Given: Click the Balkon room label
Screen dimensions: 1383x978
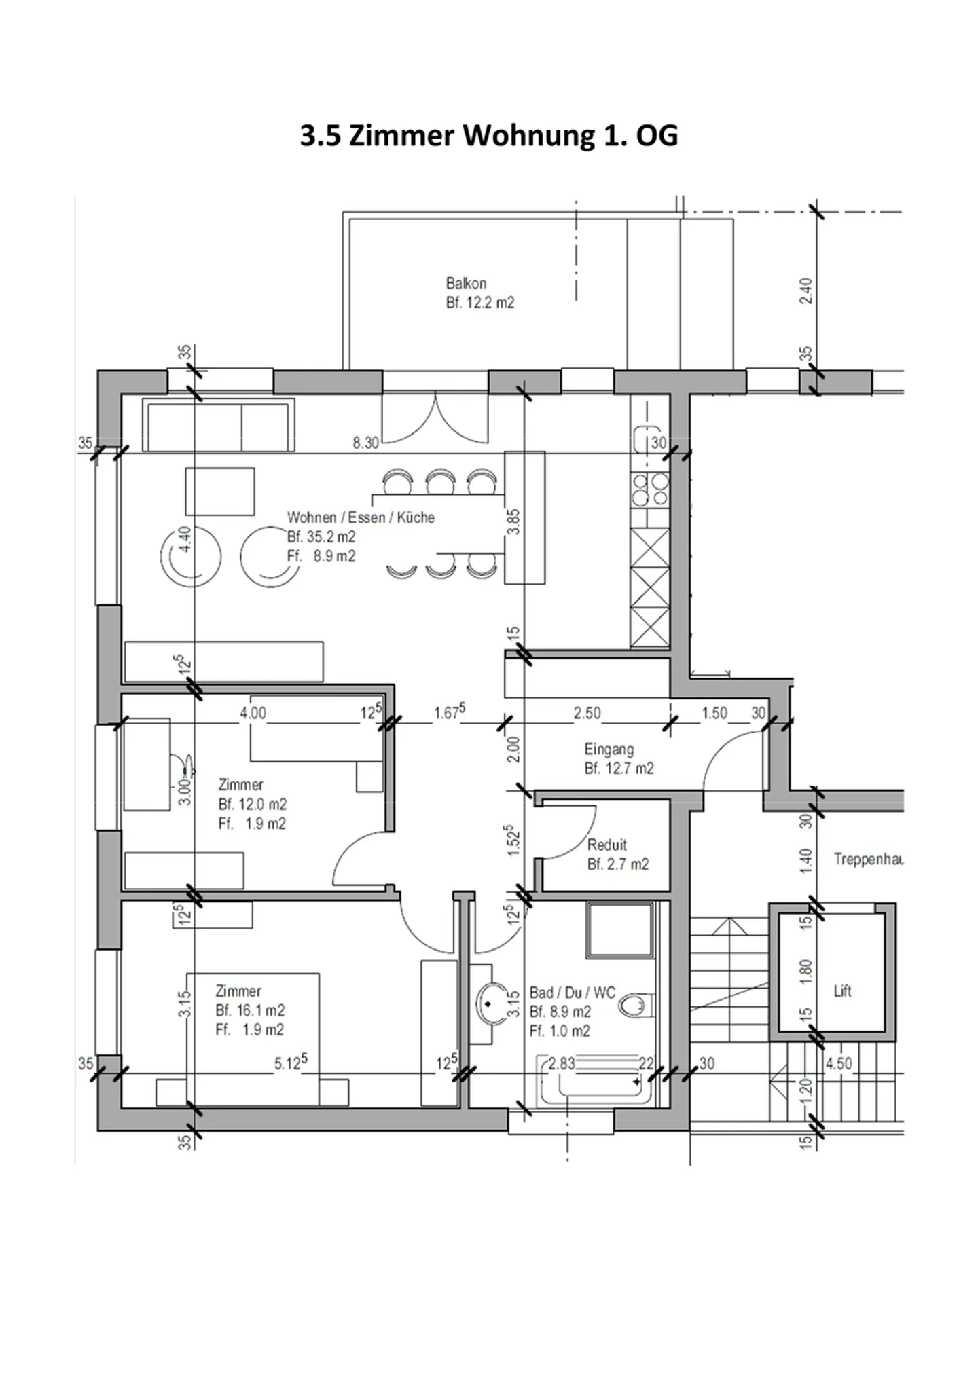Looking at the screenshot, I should pyautogui.click(x=466, y=283).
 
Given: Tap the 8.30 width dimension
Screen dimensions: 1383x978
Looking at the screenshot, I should pyautogui.click(x=365, y=443).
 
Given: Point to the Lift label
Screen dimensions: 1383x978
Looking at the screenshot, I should pyautogui.click(x=842, y=991).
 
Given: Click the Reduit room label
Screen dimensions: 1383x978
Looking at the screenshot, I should pyautogui.click(x=606, y=845).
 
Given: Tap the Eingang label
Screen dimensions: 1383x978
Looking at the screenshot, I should pyautogui.click(x=609, y=750).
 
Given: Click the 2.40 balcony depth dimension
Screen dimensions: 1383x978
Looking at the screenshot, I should pyautogui.click(x=806, y=291).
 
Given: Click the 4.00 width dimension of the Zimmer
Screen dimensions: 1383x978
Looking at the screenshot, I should pyautogui.click(x=253, y=714).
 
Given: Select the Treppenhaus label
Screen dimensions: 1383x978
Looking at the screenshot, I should pyautogui.click(x=868, y=860).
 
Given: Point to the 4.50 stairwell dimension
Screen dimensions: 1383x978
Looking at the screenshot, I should pyautogui.click(x=838, y=1064).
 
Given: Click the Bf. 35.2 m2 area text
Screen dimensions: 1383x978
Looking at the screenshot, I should pyautogui.click(x=321, y=537).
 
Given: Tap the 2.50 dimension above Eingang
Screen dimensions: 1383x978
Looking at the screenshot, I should pyautogui.click(x=587, y=714).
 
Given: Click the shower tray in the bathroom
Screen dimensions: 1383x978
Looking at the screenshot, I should pyautogui.click(x=620, y=930).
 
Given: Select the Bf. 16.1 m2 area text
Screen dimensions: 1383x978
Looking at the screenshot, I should pyautogui.click(x=250, y=1010).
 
